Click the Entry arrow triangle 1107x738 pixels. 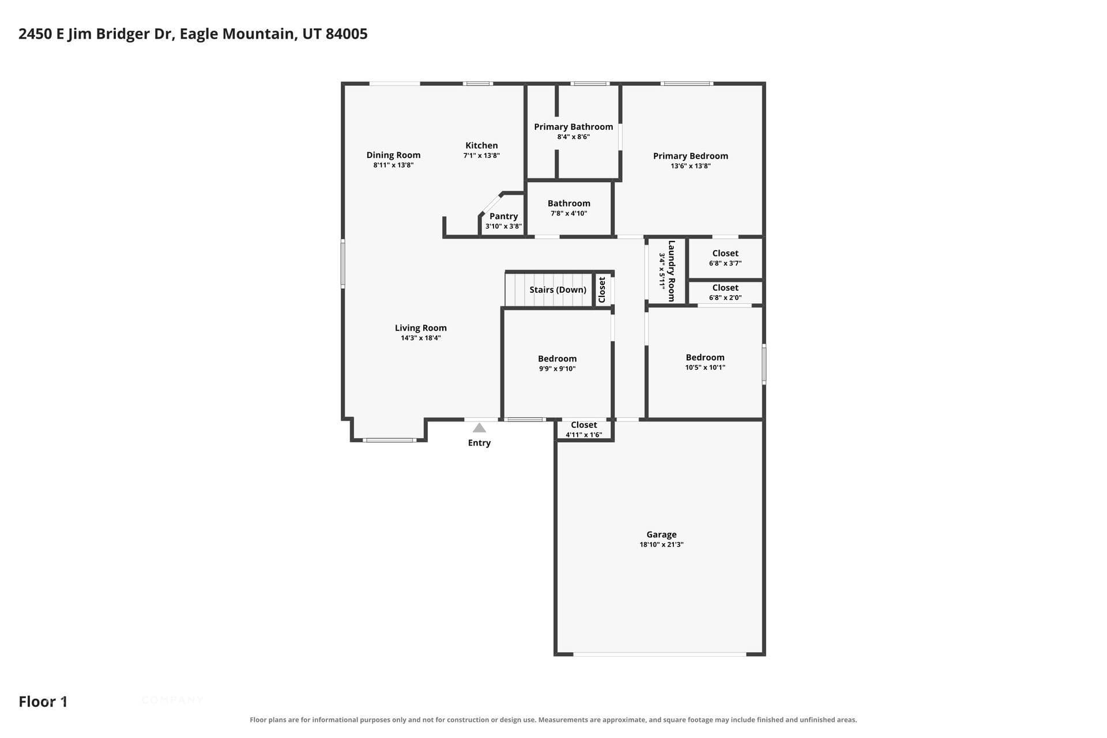[x=479, y=428]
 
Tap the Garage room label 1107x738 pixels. [x=661, y=534]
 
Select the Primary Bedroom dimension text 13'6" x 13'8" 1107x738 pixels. [x=690, y=166]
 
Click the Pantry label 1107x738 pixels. [x=503, y=216]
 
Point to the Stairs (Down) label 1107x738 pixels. [x=558, y=289]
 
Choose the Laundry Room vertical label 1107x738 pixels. [x=671, y=271]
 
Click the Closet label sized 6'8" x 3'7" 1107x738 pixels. [x=725, y=253]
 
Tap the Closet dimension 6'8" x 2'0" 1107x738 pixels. [x=725, y=298]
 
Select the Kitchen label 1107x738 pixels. [x=481, y=145]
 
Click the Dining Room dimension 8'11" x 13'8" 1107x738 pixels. [x=393, y=165]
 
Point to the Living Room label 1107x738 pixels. [x=421, y=328]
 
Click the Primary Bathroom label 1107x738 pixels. [x=573, y=127]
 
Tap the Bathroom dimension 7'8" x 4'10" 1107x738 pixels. [x=568, y=213]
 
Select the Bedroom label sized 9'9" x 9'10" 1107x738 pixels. [x=557, y=359]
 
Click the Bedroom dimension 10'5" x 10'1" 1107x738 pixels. [x=705, y=368]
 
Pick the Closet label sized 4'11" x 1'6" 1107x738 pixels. [x=583, y=425]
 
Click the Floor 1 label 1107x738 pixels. [x=43, y=702]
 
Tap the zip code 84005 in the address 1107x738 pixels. [x=347, y=34]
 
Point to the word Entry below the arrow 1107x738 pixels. [x=479, y=443]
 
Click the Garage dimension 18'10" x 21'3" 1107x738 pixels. [x=661, y=545]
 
